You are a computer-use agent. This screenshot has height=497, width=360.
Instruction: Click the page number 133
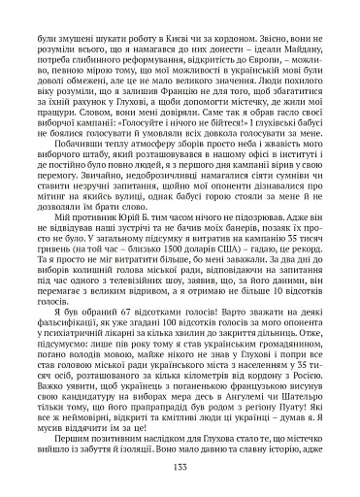pos(180,468)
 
